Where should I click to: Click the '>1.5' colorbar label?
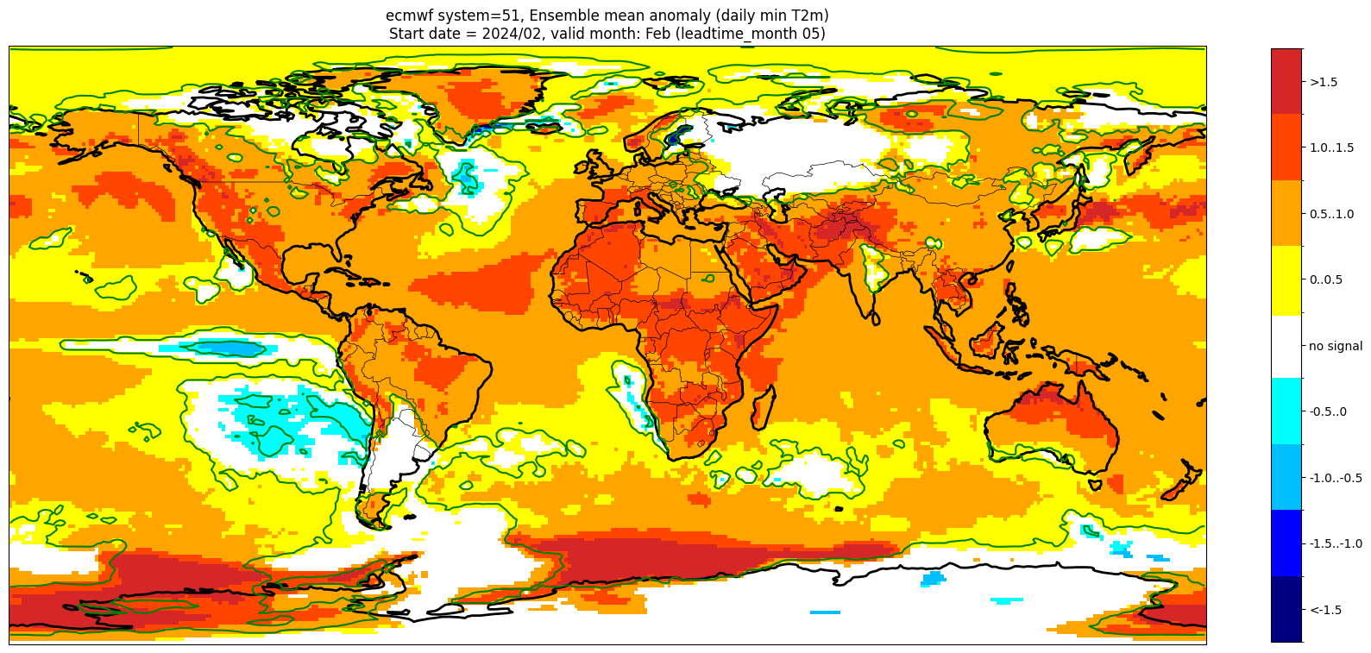(1323, 82)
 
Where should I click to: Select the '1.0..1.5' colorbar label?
(1331, 148)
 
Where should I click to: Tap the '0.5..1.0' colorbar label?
(1331, 214)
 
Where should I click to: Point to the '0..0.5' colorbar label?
(1325, 280)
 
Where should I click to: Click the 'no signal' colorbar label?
(1335, 346)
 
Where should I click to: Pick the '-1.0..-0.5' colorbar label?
(1335, 478)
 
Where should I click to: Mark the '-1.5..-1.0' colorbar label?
(1335, 543)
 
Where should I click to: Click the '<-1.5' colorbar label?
(1324, 610)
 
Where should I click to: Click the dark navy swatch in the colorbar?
(1286, 610)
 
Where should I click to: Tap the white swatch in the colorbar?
(1286, 346)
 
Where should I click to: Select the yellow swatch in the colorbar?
(1286, 280)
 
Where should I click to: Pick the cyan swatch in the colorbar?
(1286, 412)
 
